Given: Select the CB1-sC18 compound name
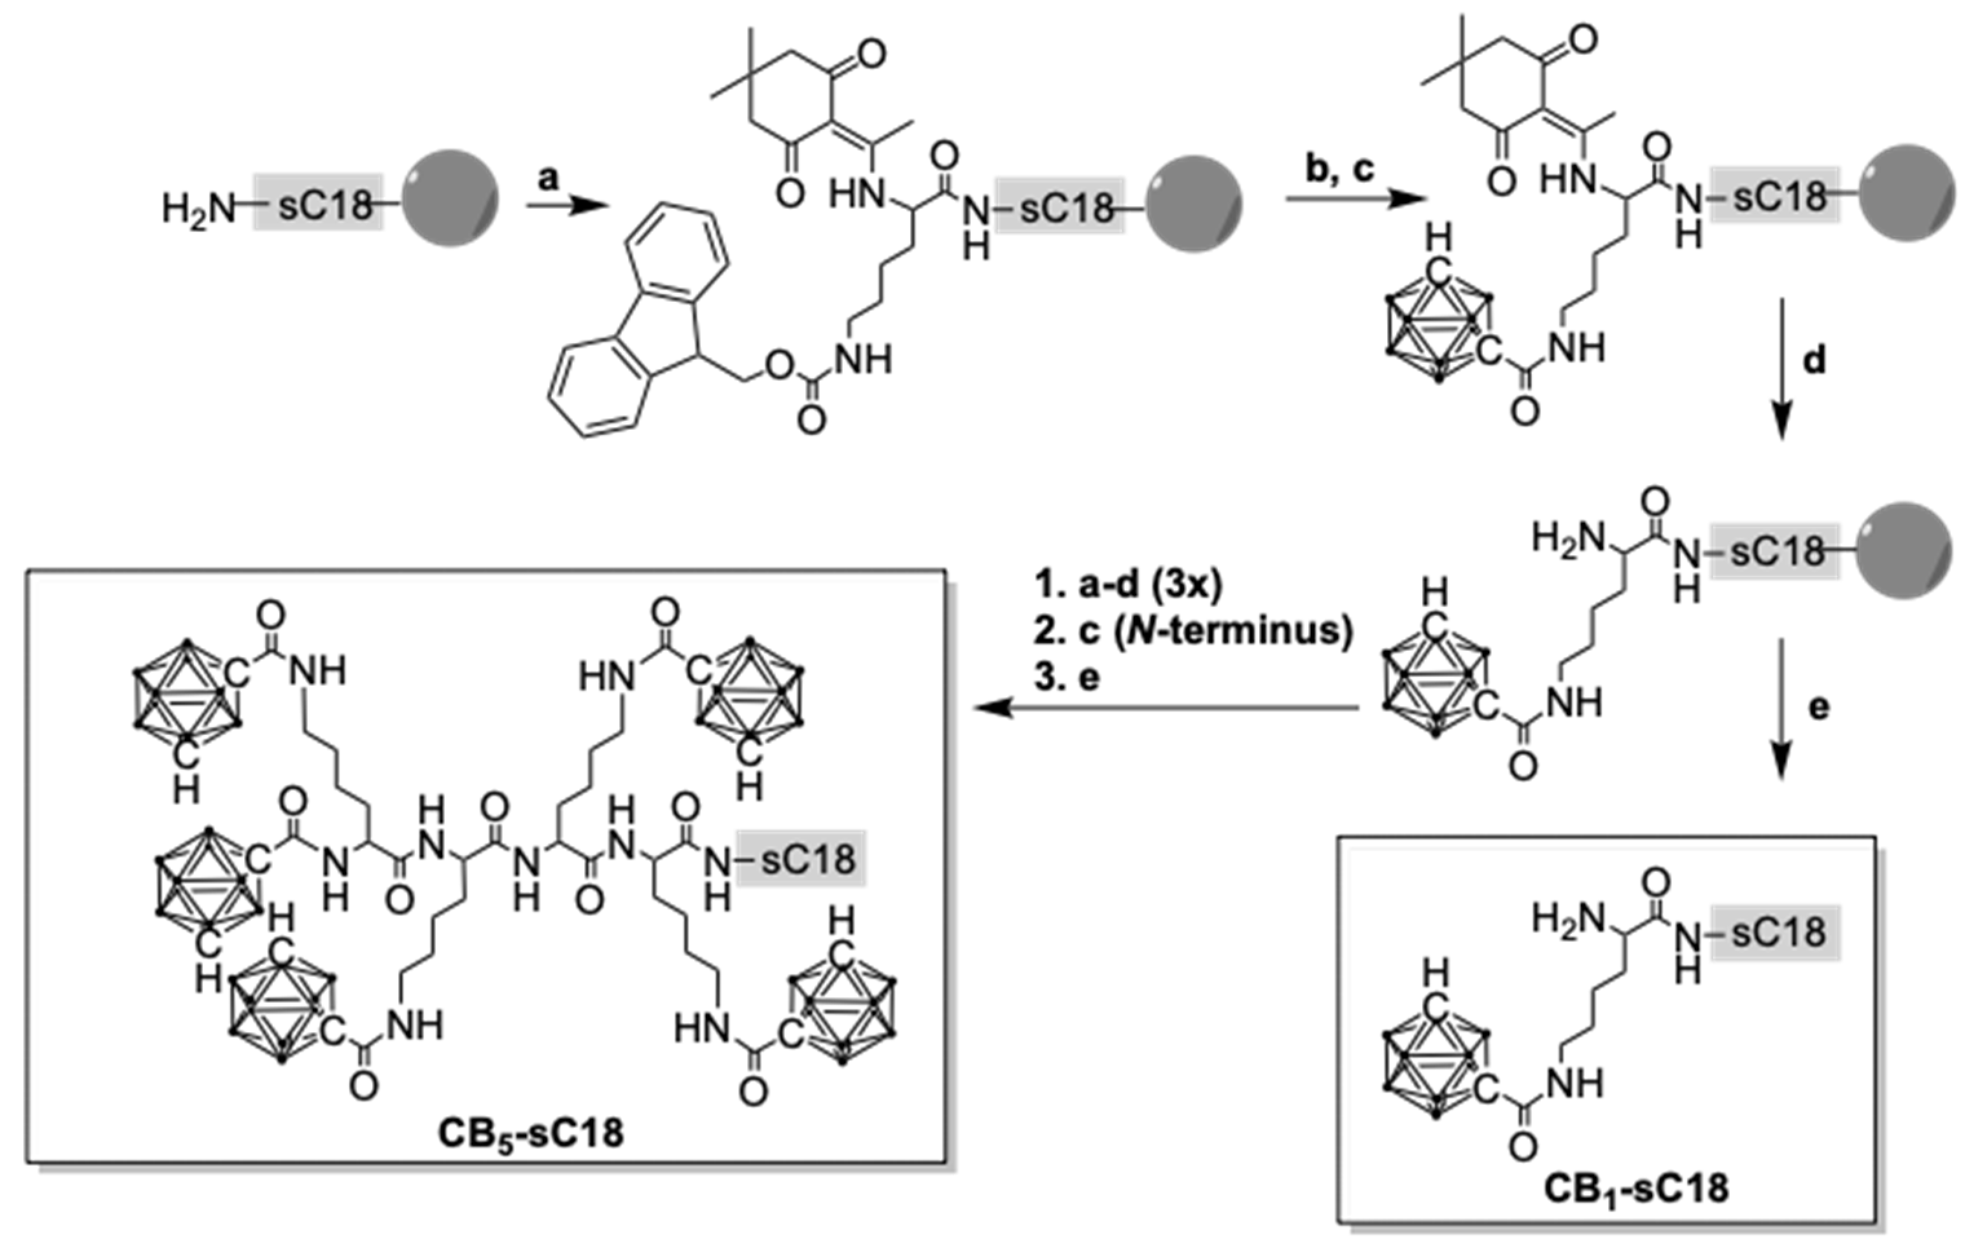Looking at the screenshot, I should pyautogui.click(x=1635, y=1188).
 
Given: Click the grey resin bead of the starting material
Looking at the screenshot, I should pyautogui.click(x=451, y=198).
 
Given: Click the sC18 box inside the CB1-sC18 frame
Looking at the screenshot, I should pyautogui.click(x=1777, y=934).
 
